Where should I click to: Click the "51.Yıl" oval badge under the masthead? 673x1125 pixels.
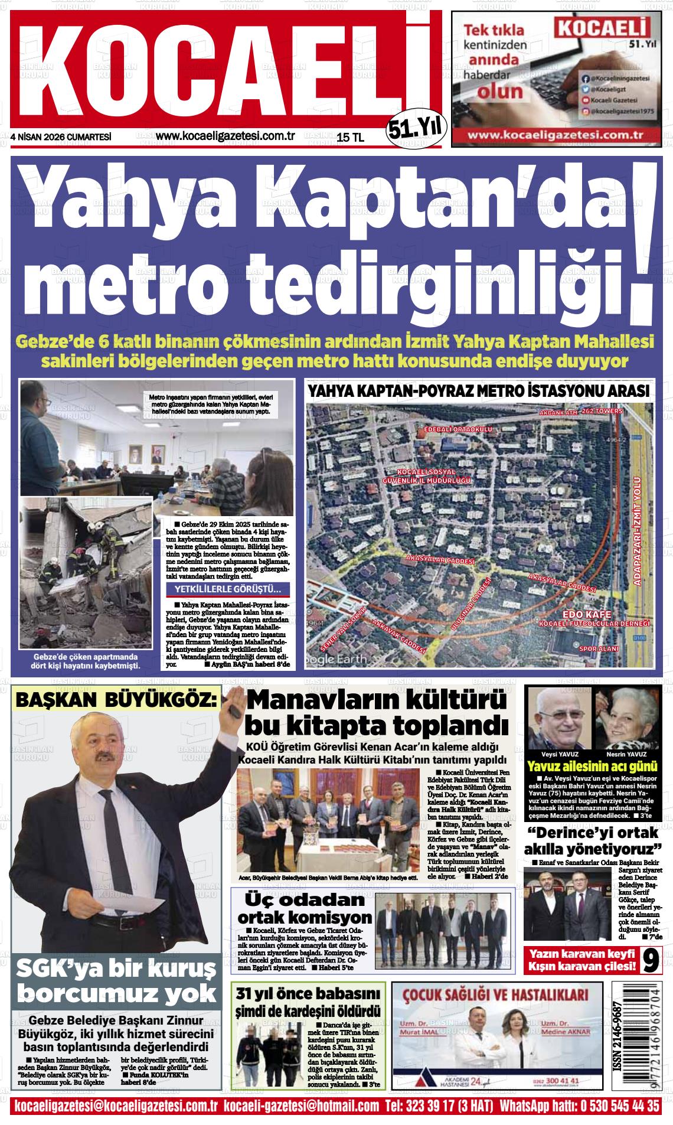coord(417,126)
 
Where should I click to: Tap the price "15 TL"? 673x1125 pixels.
coord(350,137)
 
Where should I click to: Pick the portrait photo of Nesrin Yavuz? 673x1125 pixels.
coord(626,718)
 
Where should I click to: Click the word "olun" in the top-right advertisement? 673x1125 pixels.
coord(500,92)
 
